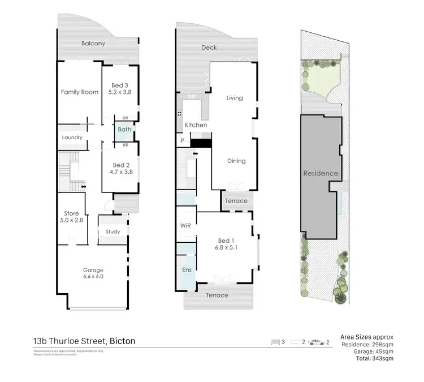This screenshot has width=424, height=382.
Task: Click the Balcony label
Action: [x=93, y=44]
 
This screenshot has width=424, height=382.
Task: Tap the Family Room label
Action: [x=80, y=92]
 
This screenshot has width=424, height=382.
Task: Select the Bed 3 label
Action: [x=120, y=85]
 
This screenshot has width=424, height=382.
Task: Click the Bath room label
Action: [x=124, y=130]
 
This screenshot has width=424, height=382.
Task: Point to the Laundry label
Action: [x=72, y=138]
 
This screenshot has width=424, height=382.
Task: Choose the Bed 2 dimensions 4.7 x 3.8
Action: [x=120, y=172]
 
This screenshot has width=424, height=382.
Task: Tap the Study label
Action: [x=113, y=231]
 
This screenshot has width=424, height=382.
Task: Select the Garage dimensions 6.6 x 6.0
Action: [x=93, y=277]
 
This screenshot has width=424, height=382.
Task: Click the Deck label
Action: [x=209, y=48]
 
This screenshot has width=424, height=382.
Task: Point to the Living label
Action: [x=234, y=98]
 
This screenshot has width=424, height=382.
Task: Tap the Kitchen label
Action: [x=196, y=125]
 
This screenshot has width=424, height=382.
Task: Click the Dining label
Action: [x=236, y=161]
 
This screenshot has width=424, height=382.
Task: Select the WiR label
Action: [x=186, y=225]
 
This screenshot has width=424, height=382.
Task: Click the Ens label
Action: [x=186, y=269]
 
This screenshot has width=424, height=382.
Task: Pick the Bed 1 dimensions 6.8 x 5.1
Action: [x=224, y=247]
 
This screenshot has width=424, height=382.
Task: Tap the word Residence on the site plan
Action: [x=321, y=173]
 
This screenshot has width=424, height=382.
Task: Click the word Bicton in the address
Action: [x=122, y=341]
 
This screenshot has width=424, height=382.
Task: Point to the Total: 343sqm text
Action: [x=376, y=358]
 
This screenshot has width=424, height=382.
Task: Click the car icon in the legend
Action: [x=315, y=342]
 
